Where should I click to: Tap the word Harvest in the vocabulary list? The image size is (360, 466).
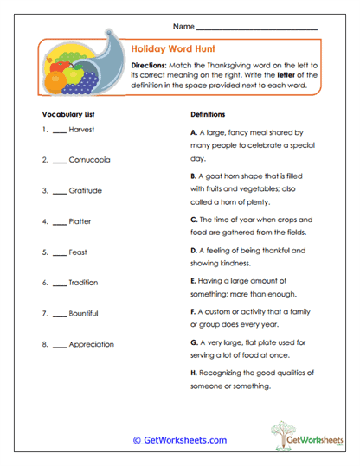tap(81, 130)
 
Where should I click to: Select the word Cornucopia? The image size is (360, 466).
tap(88, 160)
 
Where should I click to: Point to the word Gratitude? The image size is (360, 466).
tap(86, 190)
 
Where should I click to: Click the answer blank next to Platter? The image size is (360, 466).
tap(58, 221)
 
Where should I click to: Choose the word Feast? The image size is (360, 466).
tap(78, 252)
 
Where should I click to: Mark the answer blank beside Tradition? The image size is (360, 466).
tap(58, 283)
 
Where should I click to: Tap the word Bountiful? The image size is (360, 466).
tap(84, 313)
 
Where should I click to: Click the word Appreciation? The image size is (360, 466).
tap(91, 344)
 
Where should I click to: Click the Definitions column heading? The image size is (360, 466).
tap(207, 114)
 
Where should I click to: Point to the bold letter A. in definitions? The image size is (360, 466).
tap(194, 133)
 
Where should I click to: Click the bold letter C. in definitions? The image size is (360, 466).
tap(194, 220)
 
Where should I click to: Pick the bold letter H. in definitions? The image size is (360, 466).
tap(194, 373)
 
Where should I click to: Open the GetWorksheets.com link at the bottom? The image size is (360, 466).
tap(180, 440)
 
